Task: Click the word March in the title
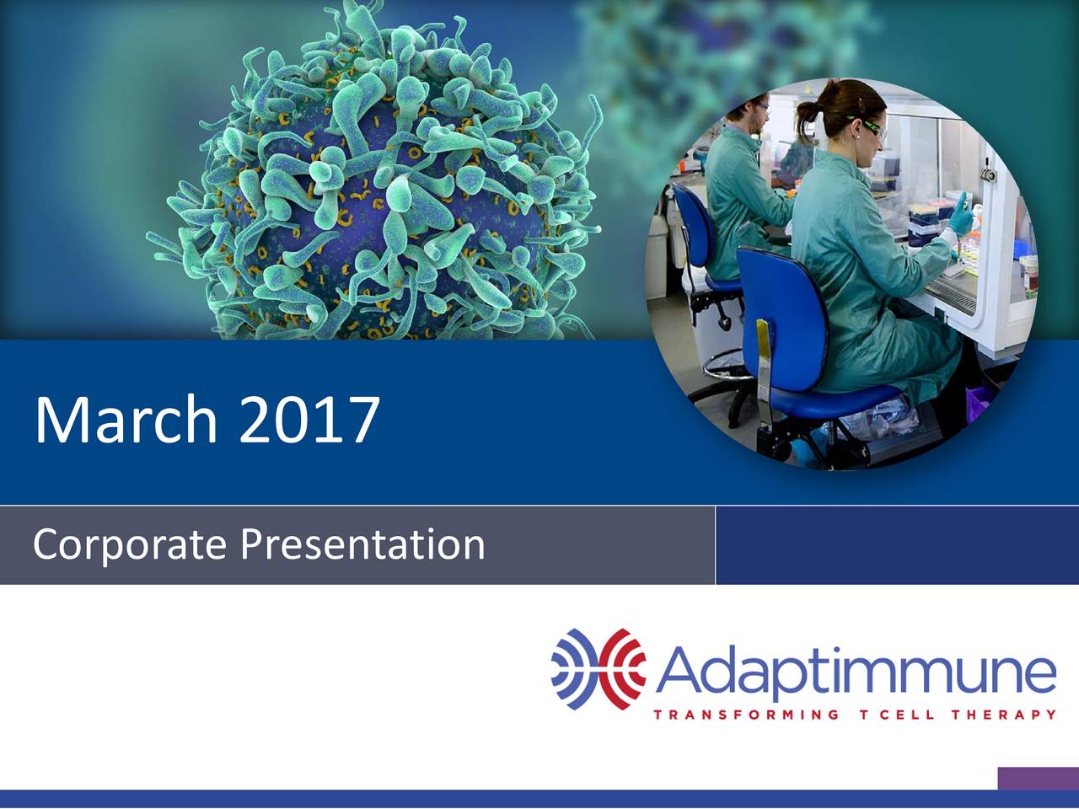tap(126, 420)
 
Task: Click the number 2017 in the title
tap(308, 420)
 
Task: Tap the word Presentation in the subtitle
tap(362, 545)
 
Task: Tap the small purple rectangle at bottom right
tap(1038, 779)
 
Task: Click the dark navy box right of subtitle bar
tap(897, 545)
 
